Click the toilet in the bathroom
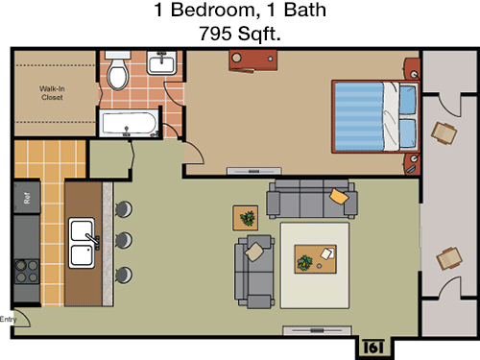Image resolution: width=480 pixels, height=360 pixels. coord(118,70)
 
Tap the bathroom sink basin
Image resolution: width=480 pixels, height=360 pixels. coord(161,62)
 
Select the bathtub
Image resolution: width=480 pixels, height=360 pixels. coord(129,123)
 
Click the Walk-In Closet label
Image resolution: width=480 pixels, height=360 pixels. coord(52,93)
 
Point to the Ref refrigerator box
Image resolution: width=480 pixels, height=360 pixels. coord(27,198)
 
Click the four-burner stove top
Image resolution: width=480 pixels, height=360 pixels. coord(27,272)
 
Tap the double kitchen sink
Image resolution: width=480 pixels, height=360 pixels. coord(83,243)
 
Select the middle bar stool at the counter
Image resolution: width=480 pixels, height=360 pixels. coord(124,240)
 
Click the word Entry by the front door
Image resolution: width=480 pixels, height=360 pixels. coord(8,319)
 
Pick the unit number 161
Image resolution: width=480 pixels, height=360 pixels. coord(373,347)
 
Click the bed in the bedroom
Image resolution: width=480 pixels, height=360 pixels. coord(375,116)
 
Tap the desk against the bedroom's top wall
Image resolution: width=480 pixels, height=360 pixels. coord(253,60)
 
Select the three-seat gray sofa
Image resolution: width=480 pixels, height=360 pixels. coord(312,199)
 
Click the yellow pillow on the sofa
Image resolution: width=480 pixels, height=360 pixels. coord(339,196)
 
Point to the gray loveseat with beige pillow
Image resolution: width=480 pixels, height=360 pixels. coord(254,272)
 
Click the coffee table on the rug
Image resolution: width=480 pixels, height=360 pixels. coord(316,259)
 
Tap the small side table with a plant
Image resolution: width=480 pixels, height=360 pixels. coord(246,218)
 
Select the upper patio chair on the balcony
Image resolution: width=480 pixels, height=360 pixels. coord(444,133)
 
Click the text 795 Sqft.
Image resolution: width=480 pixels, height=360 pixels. coord(240,34)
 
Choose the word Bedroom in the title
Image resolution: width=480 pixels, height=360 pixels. coord(213,10)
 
